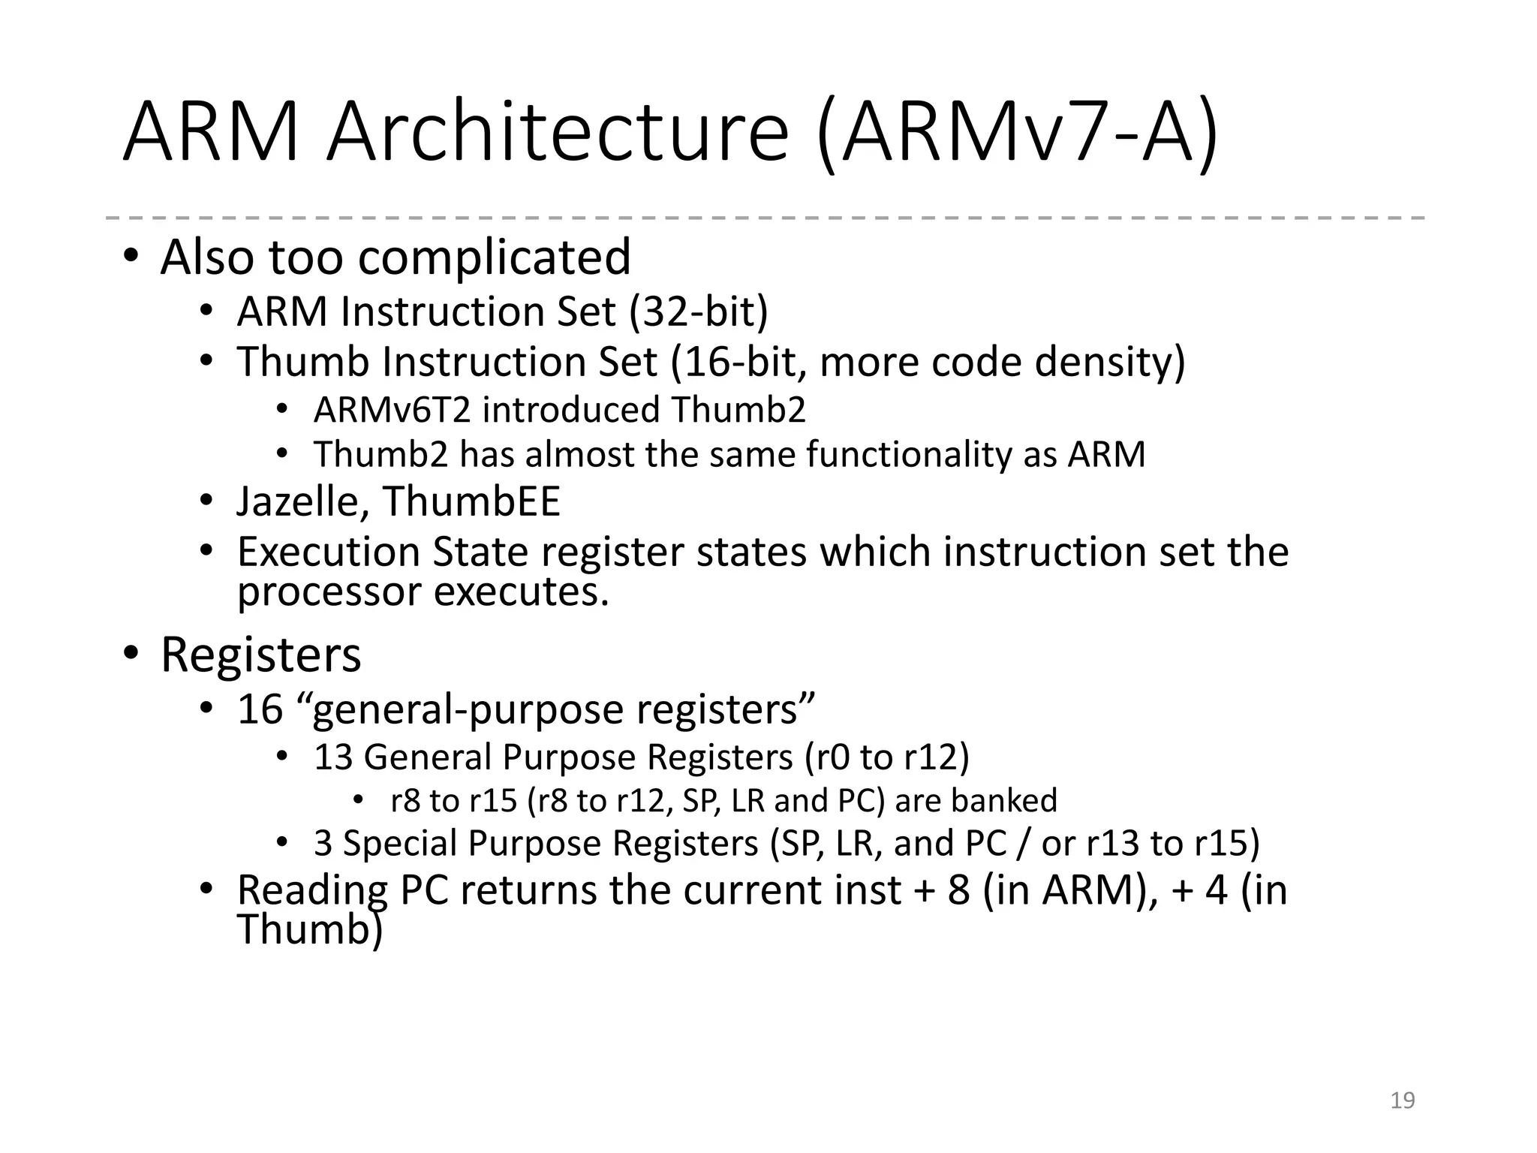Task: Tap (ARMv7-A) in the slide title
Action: coord(1017,135)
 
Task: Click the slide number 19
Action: coord(1402,1100)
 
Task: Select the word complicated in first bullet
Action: coord(495,257)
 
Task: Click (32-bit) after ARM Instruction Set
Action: coord(699,312)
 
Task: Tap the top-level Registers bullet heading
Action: coord(260,655)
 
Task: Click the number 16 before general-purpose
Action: coord(260,709)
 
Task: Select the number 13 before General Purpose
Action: coord(333,757)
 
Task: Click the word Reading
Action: coord(312,890)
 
